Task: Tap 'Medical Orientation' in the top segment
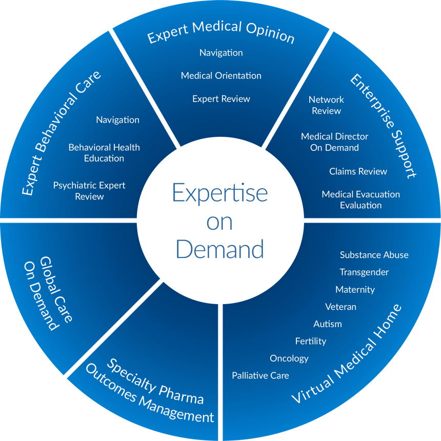[x=221, y=75]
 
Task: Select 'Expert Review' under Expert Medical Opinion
[x=221, y=98]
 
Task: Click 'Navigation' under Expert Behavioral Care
[x=117, y=120]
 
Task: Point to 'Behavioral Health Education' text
[x=104, y=153]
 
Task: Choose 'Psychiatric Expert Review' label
[x=89, y=191]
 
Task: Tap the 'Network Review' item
[x=326, y=105]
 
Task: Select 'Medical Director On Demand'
[x=334, y=142]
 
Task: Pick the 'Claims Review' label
[x=358, y=171]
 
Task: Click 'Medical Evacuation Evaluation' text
[x=360, y=199]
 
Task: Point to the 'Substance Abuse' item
[x=374, y=255]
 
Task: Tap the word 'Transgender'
[x=364, y=272]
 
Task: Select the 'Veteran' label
[x=340, y=307]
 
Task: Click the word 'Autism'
[x=327, y=324]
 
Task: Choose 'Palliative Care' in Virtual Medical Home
[x=260, y=375]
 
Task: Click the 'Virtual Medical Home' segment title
[x=347, y=354]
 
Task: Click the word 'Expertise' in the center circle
[x=220, y=193]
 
